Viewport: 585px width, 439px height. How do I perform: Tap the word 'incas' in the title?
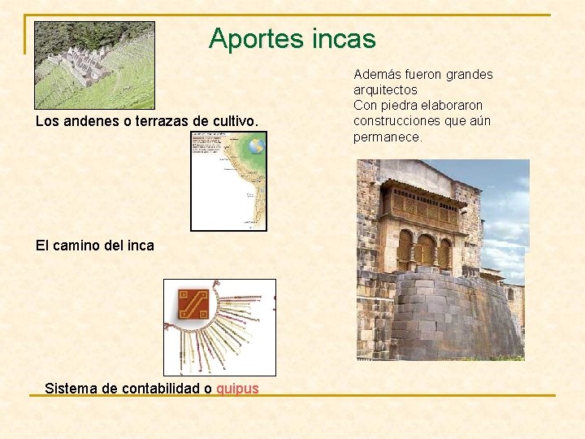pos(345,39)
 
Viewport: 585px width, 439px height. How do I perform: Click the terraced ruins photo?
pos(94,65)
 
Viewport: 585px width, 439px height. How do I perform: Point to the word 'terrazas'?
pos(161,122)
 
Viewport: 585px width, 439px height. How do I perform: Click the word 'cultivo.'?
pos(234,122)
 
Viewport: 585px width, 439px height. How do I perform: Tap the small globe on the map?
pos(256,146)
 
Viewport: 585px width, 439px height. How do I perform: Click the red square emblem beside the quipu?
pos(193,305)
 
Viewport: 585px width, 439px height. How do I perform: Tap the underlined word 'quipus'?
pos(237,389)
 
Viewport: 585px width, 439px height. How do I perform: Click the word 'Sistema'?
pos(71,389)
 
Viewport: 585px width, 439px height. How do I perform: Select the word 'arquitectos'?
pos(385,90)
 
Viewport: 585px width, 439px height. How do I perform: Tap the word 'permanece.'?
pos(388,137)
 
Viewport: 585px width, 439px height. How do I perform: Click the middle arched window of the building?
pos(425,250)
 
